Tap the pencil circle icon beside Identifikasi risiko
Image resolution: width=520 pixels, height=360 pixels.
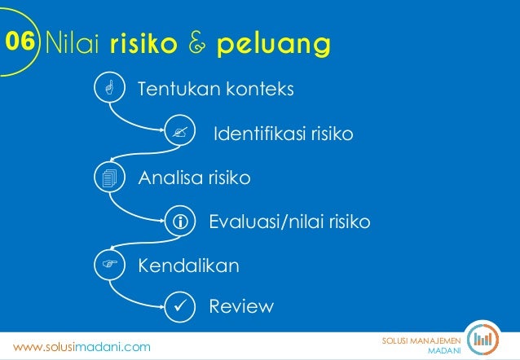(x=179, y=133)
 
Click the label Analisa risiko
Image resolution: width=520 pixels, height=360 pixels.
(x=194, y=177)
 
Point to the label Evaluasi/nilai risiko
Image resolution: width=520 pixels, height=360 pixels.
(x=289, y=221)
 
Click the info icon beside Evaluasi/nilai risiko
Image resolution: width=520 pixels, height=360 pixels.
(x=179, y=221)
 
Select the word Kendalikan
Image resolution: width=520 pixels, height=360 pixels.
(x=188, y=266)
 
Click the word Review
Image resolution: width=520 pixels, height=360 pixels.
(x=241, y=307)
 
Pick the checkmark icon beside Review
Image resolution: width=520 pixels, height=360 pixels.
(x=179, y=307)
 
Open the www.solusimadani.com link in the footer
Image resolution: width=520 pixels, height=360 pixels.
(x=82, y=347)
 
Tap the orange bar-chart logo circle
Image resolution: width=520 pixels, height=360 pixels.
(x=486, y=338)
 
